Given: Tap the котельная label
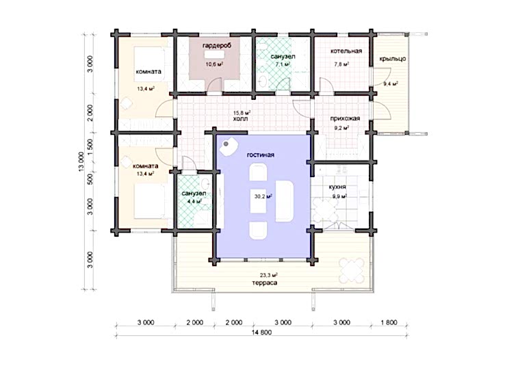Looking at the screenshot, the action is tap(346, 51).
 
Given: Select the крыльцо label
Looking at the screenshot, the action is tap(393, 59).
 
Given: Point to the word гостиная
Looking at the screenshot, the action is tap(260, 155).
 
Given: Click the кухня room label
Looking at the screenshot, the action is tap(337, 187).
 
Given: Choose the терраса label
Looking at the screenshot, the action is tap(264, 283).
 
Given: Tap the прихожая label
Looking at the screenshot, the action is tap(346, 118).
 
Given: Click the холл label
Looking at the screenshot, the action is tap(240, 119).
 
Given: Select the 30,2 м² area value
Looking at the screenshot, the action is tap(263, 196).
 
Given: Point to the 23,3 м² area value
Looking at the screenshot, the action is tap(268, 275).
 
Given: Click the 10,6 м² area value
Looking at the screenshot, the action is tap(214, 64).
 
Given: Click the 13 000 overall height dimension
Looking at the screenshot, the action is tap(81, 162).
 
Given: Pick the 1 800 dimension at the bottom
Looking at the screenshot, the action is tap(389, 322).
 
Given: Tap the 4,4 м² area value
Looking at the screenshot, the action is tap(194, 201).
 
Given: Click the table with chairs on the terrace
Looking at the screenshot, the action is tap(352, 269).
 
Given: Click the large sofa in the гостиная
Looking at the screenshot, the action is tap(284, 201).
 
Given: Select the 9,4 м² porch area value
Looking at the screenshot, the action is tap(390, 84).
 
